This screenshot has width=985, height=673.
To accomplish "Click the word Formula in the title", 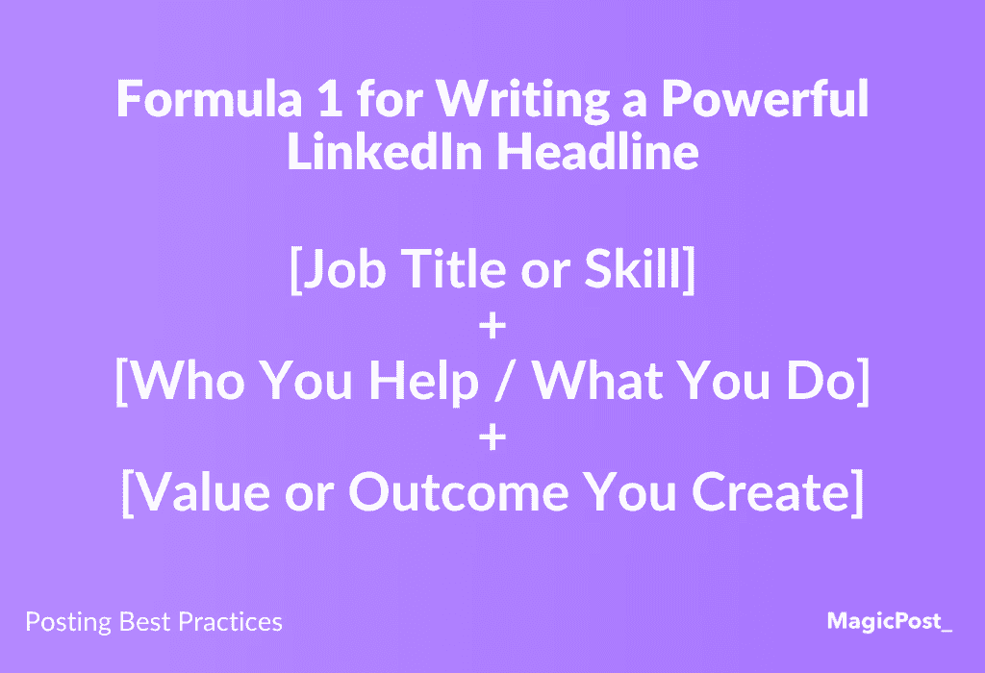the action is point(209,99).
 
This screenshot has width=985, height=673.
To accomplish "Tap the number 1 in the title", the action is point(331,99).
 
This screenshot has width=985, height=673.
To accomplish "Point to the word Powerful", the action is point(765,99).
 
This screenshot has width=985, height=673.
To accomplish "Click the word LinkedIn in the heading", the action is point(385,151).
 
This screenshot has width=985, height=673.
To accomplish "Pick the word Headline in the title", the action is point(598,151).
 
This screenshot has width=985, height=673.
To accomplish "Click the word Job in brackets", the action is point(344,268).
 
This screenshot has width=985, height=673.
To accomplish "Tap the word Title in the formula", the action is point(453,268).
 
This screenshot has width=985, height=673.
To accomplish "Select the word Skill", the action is point(633,268).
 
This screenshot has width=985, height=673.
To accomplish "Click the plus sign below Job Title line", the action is point(492,326).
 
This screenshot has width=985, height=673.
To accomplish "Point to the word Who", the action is point(188,380).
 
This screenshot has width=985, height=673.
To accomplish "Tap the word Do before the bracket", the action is point(821,380).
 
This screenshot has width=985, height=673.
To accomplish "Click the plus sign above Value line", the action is point(492,436).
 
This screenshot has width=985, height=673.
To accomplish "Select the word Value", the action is point(202,491).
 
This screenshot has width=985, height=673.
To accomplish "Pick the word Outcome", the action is point(459,491).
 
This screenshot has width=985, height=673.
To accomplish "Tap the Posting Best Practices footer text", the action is point(154,621).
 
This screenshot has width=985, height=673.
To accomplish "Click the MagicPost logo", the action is point(890,621).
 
